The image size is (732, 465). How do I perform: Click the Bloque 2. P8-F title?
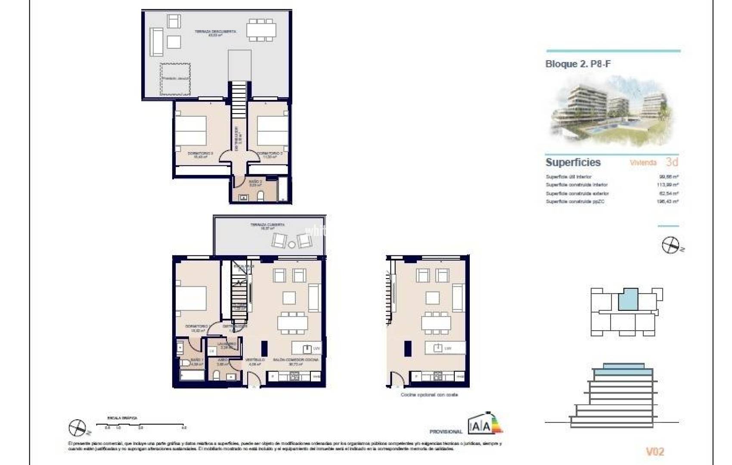pyautogui.click(x=578, y=64)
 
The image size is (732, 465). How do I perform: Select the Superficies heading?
pyautogui.click(x=573, y=162)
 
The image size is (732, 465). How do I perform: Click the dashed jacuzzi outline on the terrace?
pyautogui.click(x=175, y=79)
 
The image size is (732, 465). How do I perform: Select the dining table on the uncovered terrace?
pyautogui.click(x=261, y=30)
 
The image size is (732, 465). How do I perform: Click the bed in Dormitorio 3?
pyautogui.click(x=190, y=130)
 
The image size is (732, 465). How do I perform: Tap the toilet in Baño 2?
pyautogui.click(x=260, y=196)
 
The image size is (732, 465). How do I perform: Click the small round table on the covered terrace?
pyautogui.click(x=292, y=245)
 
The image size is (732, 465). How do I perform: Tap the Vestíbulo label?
pyautogui.click(x=255, y=360)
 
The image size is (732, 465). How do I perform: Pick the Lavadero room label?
pyautogui.click(x=226, y=344)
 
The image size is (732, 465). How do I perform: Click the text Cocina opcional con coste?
pyautogui.click(x=429, y=394)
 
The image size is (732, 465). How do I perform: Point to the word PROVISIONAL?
pyautogui.click(x=446, y=431)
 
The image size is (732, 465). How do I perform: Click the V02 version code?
pyautogui.click(x=655, y=451)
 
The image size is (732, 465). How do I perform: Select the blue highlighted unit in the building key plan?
pyautogui.click(x=628, y=299)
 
